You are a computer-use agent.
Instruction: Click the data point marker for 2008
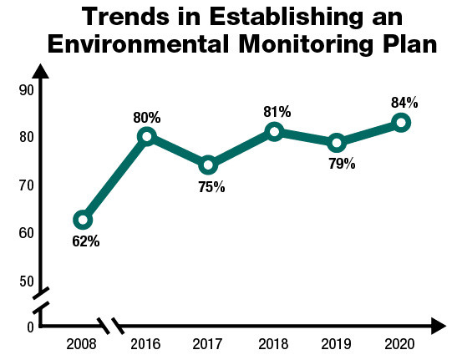pyautogui.click(x=82, y=220)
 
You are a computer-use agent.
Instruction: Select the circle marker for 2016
pyautogui.click(x=147, y=136)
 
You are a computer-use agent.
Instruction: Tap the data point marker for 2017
pyautogui.click(x=209, y=165)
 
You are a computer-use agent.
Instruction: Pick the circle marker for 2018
pyautogui.click(x=274, y=131)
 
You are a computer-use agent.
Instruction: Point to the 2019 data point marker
pyautogui.click(x=337, y=143)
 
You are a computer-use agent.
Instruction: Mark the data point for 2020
pyautogui.click(x=402, y=123)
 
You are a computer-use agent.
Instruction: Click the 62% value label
pyautogui.click(x=85, y=242)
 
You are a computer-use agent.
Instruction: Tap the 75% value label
pyautogui.click(x=211, y=187)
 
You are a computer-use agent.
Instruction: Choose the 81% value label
pyautogui.click(x=277, y=111)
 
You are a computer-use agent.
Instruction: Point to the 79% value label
pyautogui.click(x=342, y=164)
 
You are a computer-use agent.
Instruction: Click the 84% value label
pyautogui.click(x=404, y=103)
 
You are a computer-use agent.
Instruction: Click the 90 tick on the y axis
pyautogui.click(x=25, y=90)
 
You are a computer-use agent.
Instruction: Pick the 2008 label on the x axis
pyautogui.click(x=81, y=344)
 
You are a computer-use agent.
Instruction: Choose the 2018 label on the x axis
pyautogui.click(x=273, y=344)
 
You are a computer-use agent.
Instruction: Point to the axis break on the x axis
pyautogui.click(x=110, y=325)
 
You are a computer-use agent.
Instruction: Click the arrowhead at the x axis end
pyautogui.click(x=436, y=325)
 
